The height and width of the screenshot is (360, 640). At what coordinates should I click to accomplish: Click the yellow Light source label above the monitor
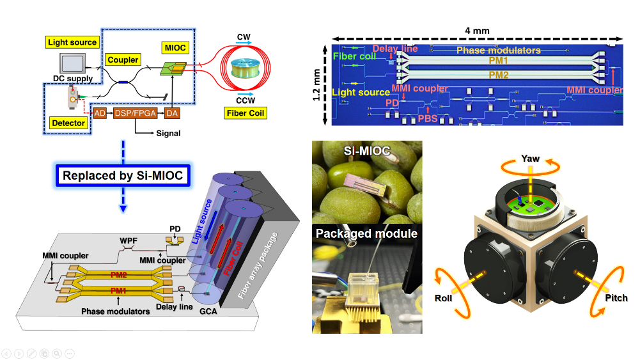pyautogui.click(x=72, y=43)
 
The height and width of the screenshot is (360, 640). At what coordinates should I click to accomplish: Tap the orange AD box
pyautogui.click(x=100, y=113)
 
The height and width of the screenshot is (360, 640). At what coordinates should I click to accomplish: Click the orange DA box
pyautogui.click(x=171, y=113)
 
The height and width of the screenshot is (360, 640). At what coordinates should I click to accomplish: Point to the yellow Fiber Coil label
pyautogui.click(x=246, y=114)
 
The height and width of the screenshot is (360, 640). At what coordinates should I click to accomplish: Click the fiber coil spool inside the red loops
pyautogui.click(x=246, y=68)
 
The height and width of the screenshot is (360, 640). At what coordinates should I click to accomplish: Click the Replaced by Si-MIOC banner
pyautogui.click(x=123, y=175)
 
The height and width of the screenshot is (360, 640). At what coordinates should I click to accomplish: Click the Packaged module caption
pyautogui.click(x=366, y=233)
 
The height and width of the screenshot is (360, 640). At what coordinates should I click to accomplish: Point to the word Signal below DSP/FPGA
pyautogui.click(x=168, y=134)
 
